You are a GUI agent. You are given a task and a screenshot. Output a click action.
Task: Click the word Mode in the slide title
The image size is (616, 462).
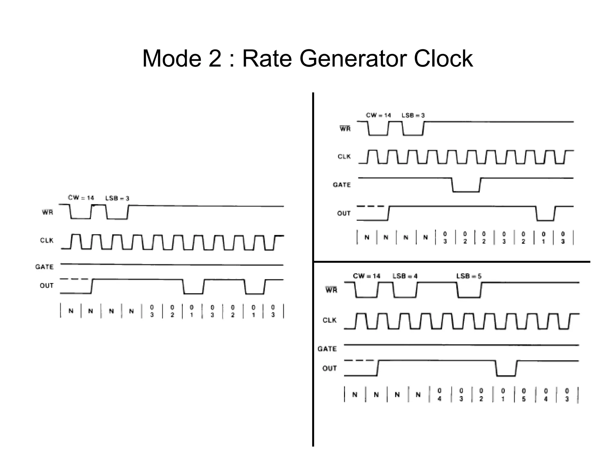tap(172, 58)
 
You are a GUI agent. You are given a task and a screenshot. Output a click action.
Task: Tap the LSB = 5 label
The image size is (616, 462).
tap(469, 276)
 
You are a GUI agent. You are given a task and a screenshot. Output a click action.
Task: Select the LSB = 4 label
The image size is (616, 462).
tap(405, 276)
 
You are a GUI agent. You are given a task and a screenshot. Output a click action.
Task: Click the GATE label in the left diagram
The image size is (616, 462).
tap(44, 267)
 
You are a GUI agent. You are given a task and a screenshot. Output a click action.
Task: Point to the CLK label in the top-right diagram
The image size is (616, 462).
tap(344, 157)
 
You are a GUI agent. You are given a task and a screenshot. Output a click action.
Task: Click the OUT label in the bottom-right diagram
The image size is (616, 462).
tap(329, 368)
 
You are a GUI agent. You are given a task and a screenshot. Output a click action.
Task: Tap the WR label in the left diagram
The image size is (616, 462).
tap(47, 212)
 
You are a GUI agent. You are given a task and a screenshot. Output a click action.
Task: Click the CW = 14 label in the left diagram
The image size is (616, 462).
tap(81, 198)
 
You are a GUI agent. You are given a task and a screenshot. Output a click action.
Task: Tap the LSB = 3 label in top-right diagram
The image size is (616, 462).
tap(413, 115)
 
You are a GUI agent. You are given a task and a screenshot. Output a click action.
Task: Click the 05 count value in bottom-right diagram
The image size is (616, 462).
tap(524, 395)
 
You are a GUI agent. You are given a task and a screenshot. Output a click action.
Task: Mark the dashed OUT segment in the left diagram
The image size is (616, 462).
tap(74, 279)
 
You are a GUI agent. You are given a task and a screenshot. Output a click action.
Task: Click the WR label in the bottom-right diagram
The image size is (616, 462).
tap(331, 290)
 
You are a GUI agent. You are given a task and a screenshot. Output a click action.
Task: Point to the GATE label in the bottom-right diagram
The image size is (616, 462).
tap(327, 349)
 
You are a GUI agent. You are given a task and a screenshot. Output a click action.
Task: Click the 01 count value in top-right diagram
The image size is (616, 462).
tap(543, 238)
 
